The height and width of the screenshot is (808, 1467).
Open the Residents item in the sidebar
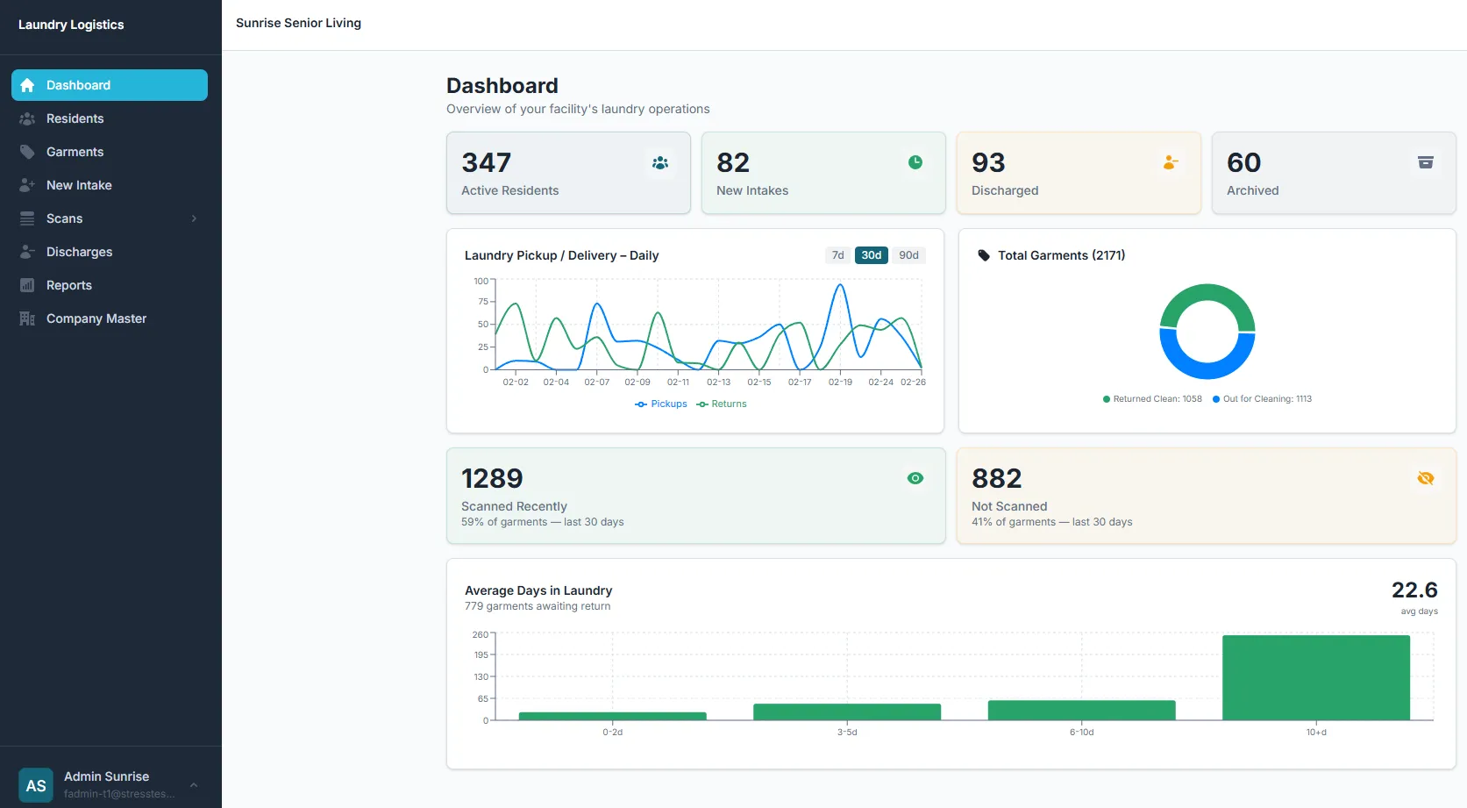tap(75, 118)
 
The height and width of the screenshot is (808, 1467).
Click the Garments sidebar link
tap(75, 152)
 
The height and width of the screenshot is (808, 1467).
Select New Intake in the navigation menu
tap(79, 185)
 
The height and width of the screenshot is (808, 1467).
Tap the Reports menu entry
tap(68, 285)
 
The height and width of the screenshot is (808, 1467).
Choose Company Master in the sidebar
tap(96, 318)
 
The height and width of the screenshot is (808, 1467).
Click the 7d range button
tap(837, 255)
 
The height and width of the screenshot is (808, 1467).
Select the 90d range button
tap(908, 255)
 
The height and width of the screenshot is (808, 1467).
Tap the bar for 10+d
tap(1315, 677)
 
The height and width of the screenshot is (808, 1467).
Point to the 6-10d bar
tap(1081, 710)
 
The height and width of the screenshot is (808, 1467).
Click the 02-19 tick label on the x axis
tap(840, 383)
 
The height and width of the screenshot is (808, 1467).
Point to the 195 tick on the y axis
tap(481, 654)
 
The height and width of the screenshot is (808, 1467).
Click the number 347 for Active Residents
tap(487, 163)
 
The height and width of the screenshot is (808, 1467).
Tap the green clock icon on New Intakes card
tap(915, 162)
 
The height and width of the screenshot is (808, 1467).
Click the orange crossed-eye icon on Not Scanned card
tap(1425, 478)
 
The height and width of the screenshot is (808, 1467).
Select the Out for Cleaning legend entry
tap(1262, 399)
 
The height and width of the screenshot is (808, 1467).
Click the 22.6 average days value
tap(1414, 590)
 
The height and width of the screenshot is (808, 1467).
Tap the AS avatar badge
tap(36, 785)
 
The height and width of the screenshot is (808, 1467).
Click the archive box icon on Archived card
tap(1425, 162)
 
